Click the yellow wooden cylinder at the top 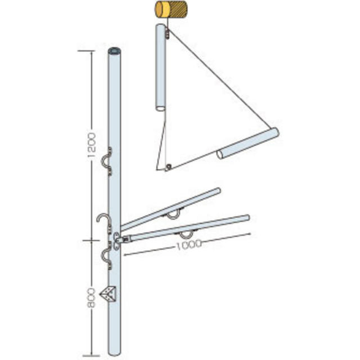click(x=170, y=9)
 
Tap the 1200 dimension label click(x=91, y=145)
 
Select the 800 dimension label click(x=91, y=298)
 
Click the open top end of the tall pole click(x=115, y=51)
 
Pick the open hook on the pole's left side click(x=103, y=220)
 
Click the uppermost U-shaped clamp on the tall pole click(x=106, y=161)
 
